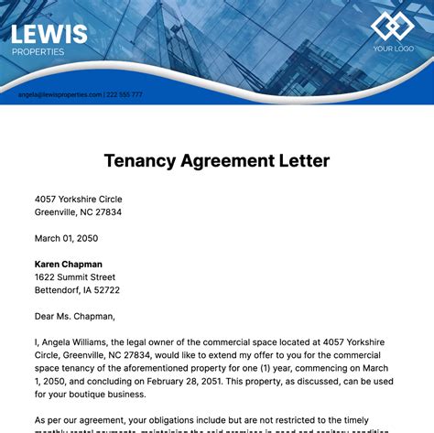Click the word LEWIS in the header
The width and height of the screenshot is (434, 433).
pos(49,34)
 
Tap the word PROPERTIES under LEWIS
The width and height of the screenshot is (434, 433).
pos(38,52)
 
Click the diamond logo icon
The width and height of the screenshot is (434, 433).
pos(394,27)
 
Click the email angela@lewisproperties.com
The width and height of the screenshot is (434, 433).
pos(59,94)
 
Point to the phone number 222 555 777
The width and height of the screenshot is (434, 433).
pos(125,94)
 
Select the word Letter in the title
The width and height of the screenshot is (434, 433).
pos(301,161)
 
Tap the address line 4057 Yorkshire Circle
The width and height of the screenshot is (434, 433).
pos(78,199)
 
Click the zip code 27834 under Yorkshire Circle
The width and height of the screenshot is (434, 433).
pos(106,211)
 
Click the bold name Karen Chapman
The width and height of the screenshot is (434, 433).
pos(69,265)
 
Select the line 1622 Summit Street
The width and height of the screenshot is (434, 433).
pos(75,277)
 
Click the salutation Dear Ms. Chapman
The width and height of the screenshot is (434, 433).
pos(75,317)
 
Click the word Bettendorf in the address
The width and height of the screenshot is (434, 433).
pos(60,290)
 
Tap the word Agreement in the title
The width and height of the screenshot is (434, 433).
pos(227,161)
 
